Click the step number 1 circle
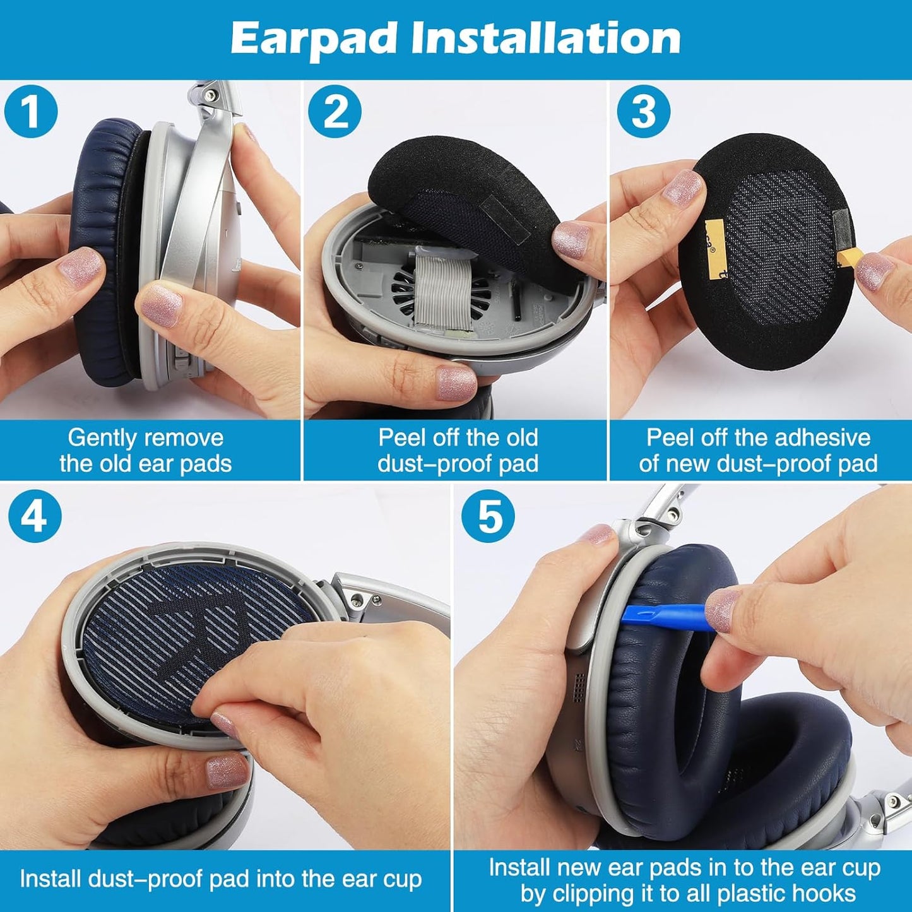point(30,111)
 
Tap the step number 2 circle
point(335,112)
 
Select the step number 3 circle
point(643,112)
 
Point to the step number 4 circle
point(35,516)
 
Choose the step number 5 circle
point(487,516)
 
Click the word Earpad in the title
point(314,39)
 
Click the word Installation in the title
point(546,39)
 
